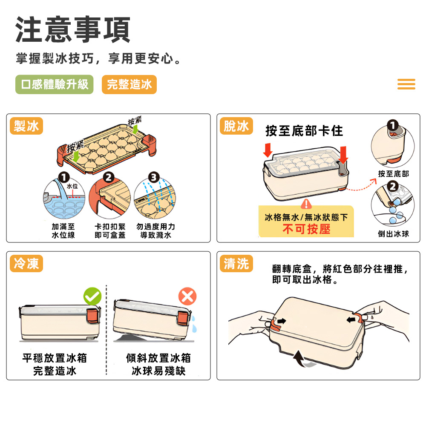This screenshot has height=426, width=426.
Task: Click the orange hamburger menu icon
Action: point(406,84)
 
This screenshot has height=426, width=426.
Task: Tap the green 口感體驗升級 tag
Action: point(55,84)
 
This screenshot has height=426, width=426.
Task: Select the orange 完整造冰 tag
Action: point(129,84)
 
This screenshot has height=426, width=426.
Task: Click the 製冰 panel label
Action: point(26,126)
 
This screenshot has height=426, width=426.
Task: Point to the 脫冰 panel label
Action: point(236,126)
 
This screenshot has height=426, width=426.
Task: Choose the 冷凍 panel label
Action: point(26,263)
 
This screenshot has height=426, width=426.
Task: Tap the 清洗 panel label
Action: point(236,263)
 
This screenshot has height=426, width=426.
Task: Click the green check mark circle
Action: point(92,296)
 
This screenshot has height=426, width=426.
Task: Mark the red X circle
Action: point(187,296)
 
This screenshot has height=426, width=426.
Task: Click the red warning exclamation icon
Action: point(306,204)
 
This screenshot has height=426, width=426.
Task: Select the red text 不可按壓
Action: point(306,229)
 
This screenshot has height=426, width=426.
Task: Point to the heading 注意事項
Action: point(73,29)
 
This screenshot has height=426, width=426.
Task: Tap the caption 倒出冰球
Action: point(393,233)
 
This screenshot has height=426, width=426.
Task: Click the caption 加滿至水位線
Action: point(63,230)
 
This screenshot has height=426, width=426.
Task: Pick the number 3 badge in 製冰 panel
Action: point(154,177)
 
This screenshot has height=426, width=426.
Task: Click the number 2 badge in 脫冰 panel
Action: point(393,187)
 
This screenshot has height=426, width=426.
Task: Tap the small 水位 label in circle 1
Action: point(72,186)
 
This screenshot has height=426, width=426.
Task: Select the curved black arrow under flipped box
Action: point(302,359)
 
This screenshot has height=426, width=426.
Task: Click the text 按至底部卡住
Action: point(304,131)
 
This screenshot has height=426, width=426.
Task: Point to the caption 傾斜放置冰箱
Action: point(158,358)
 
